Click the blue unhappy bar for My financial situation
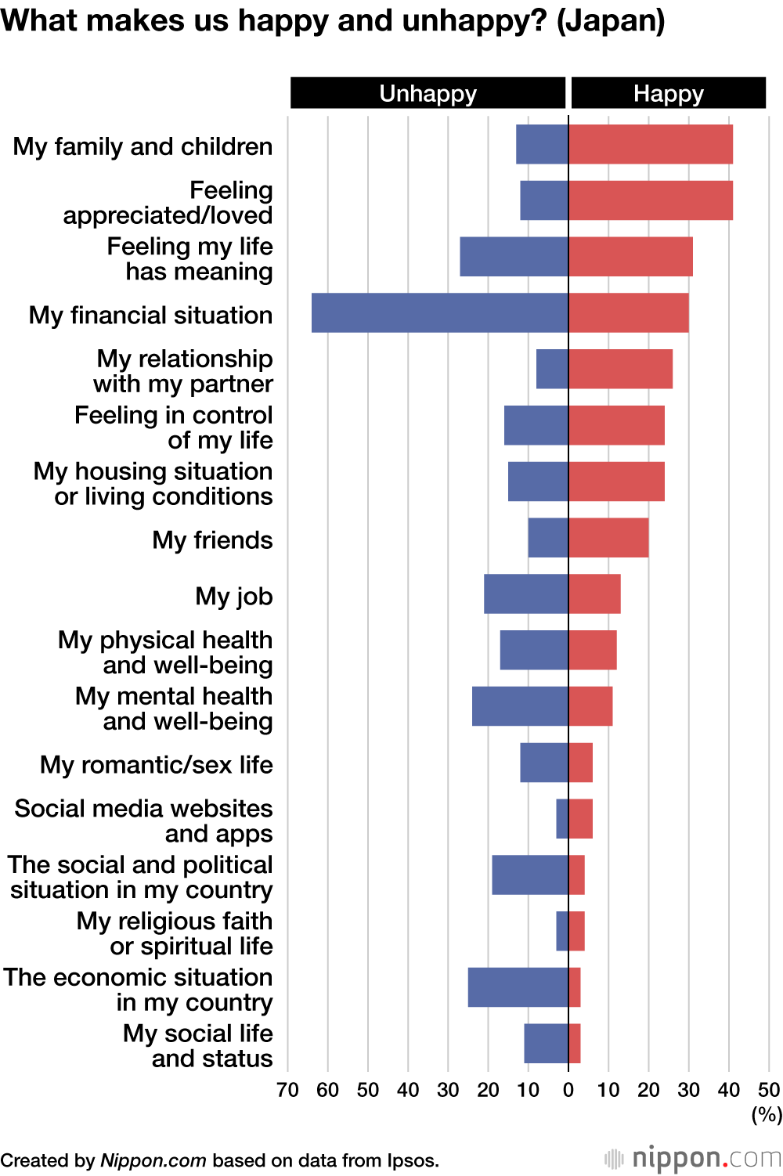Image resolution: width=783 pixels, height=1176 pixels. (439, 313)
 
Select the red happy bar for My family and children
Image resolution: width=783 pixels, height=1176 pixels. (651, 145)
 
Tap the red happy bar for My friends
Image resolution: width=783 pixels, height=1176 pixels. (608, 538)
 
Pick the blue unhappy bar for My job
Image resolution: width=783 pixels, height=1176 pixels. (525, 594)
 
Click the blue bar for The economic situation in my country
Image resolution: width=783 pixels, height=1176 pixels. (518, 987)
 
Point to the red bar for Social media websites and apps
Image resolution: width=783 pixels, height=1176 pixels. (581, 819)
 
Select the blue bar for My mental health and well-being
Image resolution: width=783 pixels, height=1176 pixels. (520, 706)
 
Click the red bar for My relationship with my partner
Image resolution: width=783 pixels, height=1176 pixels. (621, 370)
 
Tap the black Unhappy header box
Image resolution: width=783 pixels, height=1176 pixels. (428, 93)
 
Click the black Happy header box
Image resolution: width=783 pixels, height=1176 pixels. (668, 93)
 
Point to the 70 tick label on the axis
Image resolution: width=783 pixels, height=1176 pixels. (287, 1090)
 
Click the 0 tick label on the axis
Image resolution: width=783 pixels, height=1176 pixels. (568, 1090)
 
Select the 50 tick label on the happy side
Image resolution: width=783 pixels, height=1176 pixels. (769, 1090)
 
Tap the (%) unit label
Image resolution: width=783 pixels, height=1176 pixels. (767, 1114)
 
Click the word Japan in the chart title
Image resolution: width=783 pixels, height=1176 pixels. (610, 20)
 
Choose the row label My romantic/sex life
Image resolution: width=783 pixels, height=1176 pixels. (157, 764)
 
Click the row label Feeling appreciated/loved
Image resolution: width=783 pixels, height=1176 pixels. (168, 203)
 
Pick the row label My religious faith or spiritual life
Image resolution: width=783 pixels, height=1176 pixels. (175, 933)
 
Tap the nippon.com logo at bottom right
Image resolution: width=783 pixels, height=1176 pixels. (694, 1158)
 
